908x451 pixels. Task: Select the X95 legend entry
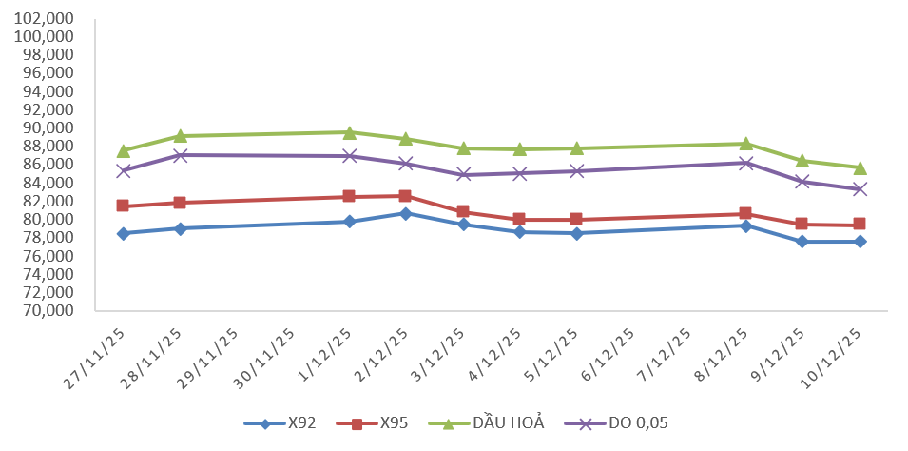click(x=380, y=423)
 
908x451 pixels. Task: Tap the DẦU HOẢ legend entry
click(x=494, y=423)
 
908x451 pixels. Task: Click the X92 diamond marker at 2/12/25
click(x=405, y=213)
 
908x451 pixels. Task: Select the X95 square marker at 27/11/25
click(x=123, y=206)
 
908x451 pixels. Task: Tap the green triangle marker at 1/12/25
click(x=349, y=132)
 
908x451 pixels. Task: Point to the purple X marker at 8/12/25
click(x=745, y=163)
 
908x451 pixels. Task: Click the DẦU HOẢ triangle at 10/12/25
click(x=860, y=167)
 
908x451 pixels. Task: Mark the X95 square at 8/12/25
click(x=745, y=213)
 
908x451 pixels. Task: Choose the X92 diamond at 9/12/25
click(x=802, y=242)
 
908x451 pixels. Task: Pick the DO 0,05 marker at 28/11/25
click(x=180, y=155)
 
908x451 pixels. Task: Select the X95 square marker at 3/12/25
click(x=462, y=211)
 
